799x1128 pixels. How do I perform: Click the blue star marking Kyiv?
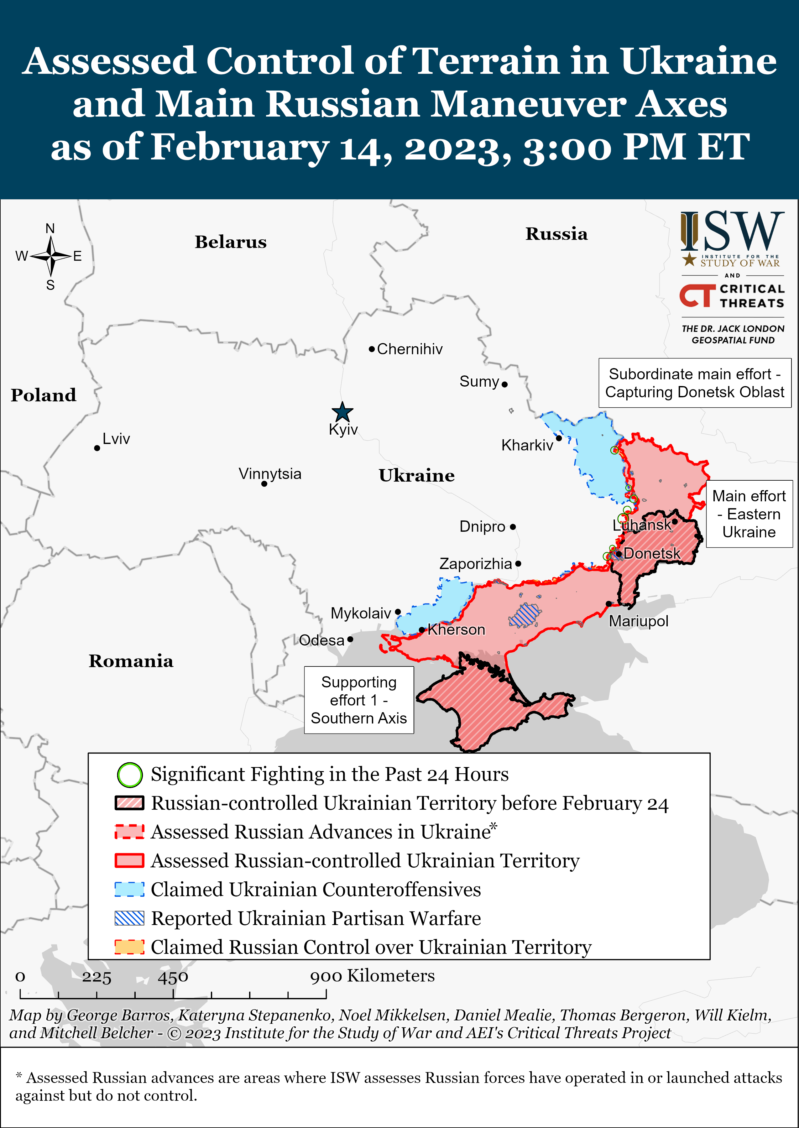point(342,412)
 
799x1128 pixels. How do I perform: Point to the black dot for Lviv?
point(97,448)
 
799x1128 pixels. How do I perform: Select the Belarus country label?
point(230,242)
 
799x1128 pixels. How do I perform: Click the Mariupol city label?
point(639,621)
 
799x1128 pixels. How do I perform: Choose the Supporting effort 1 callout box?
point(359,700)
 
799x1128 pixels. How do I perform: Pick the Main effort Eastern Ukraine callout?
point(749,514)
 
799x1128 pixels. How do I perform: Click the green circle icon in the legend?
point(129,775)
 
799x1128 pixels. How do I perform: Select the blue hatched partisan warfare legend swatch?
point(129,918)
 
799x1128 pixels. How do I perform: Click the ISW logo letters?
point(733,231)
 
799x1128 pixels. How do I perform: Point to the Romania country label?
point(131,661)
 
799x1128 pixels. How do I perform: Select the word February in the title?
point(240,147)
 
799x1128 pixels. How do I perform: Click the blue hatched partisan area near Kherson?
point(525,615)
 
